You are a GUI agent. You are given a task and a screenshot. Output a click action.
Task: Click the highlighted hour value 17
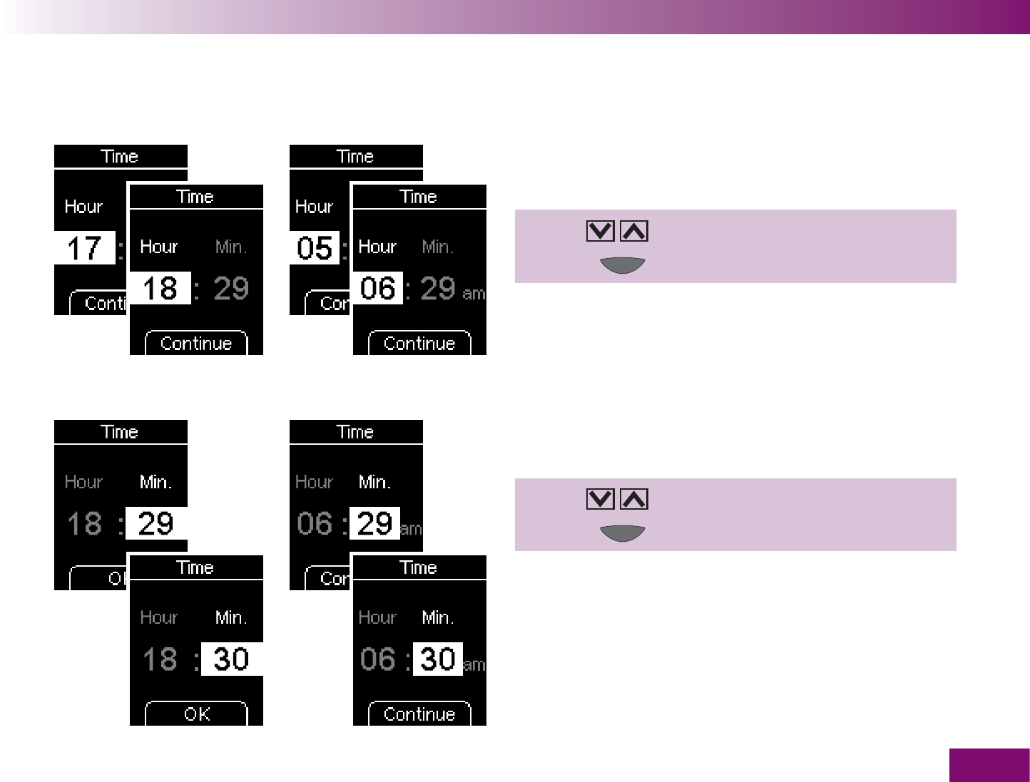coord(84,248)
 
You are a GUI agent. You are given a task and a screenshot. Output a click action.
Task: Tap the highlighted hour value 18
coord(160,289)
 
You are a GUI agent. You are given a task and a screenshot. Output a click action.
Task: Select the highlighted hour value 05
coord(315,248)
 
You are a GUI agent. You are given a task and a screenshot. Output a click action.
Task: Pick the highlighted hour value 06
coord(378,289)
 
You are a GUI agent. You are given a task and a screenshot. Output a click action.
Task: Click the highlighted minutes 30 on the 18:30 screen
coord(231,659)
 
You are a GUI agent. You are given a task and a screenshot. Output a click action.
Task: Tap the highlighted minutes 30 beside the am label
coord(438,659)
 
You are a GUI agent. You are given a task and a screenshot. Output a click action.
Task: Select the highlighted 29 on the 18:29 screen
coord(156,524)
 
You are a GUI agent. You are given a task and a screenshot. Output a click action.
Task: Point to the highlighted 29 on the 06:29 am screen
coord(374,524)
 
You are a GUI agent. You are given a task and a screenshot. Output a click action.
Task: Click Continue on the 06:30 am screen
coord(419,714)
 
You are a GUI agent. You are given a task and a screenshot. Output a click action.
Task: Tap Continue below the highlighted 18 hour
coord(196,343)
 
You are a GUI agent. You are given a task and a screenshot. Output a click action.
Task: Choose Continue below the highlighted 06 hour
coord(419,343)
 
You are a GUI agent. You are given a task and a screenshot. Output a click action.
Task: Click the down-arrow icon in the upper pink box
coord(600,231)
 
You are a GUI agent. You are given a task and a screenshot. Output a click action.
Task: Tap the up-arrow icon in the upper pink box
coord(634,231)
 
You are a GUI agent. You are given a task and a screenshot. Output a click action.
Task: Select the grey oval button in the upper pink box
coord(623,265)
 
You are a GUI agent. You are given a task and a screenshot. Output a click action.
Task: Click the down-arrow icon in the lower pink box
coord(600,499)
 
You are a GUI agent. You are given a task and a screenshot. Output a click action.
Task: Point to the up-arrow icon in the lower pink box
coord(634,499)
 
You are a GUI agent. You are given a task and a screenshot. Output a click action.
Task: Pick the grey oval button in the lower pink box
coord(623,533)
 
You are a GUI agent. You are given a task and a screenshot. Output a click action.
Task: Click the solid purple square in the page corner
coord(989,765)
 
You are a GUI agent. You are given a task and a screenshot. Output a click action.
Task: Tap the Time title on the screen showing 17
coord(120,156)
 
